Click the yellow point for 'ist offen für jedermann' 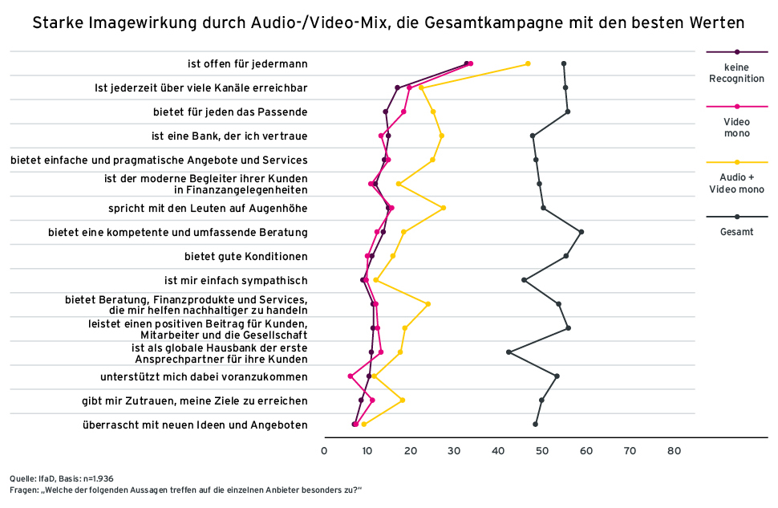(x=527, y=63)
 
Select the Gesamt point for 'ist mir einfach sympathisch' (x=524, y=280)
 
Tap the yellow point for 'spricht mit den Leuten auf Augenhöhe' (x=443, y=208)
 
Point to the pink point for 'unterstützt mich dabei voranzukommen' (x=351, y=376)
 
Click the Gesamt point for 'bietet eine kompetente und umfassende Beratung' (x=581, y=232)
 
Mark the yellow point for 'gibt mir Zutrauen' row (x=402, y=400)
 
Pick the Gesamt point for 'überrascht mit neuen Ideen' (x=535, y=424)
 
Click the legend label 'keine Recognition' (x=736, y=73)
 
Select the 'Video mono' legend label (x=736, y=127)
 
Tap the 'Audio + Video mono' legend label (x=736, y=183)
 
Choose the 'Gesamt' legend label (x=736, y=232)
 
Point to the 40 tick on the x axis (x=499, y=451)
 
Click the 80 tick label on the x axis (x=674, y=451)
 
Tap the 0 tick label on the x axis (x=324, y=451)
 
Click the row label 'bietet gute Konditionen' (x=246, y=257)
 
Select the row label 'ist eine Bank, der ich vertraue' (x=229, y=136)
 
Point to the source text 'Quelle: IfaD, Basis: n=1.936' (x=63, y=478)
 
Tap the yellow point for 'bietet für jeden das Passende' (x=433, y=112)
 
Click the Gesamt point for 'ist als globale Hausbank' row (x=509, y=352)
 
